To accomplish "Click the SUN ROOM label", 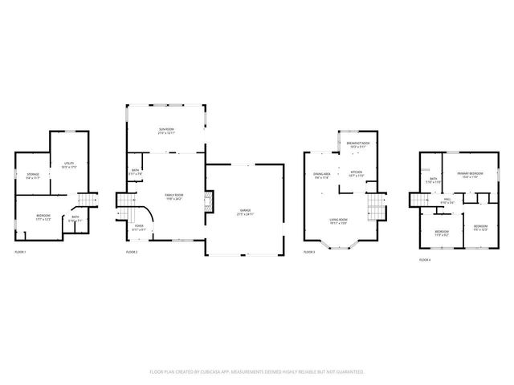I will (166, 129).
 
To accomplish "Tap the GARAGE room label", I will (244, 213).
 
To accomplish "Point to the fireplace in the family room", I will (208, 200).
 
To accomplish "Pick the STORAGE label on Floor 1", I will (33, 175).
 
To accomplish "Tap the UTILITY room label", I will (68, 164).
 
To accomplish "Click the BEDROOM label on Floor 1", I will (43, 217).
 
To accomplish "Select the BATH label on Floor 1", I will (75, 218).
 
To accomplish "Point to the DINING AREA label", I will (322, 176).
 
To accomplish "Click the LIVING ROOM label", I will (337, 221).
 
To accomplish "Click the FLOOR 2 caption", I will (132, 253).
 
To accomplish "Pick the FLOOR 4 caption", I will (424, 260).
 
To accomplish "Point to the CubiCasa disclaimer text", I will (257, 372).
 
